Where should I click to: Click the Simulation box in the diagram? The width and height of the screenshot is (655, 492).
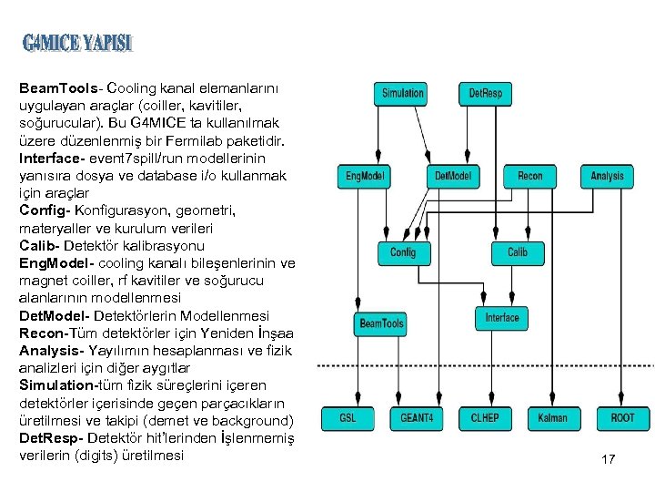(402, 93)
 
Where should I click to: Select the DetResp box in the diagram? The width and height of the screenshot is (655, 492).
(485, 93)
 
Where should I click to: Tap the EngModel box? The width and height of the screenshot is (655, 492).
(365, 176)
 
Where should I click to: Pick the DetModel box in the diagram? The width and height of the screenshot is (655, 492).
(452, 176)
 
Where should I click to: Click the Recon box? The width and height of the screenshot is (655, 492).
(529, 176)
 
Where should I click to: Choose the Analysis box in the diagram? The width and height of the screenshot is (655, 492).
(607, 176)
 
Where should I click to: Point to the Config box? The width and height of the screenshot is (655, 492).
(403, 252)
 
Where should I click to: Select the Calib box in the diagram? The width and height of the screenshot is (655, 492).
(517, 252)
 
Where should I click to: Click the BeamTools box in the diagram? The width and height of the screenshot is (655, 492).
(381, 323)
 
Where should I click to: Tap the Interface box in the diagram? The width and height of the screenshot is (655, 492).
(501, 318)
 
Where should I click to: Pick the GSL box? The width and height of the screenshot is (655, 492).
(348, 418)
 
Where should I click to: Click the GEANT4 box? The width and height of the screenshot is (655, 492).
(416, 418)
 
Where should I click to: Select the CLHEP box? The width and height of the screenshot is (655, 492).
(484, 418)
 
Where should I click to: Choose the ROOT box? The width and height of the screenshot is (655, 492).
(622, 418)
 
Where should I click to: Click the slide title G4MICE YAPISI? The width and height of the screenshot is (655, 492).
(77, 44)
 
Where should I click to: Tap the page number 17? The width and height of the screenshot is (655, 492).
(608, 459)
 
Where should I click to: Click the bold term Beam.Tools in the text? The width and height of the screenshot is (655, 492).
(59, 88)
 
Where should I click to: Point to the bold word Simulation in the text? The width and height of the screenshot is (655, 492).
(56, 385)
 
